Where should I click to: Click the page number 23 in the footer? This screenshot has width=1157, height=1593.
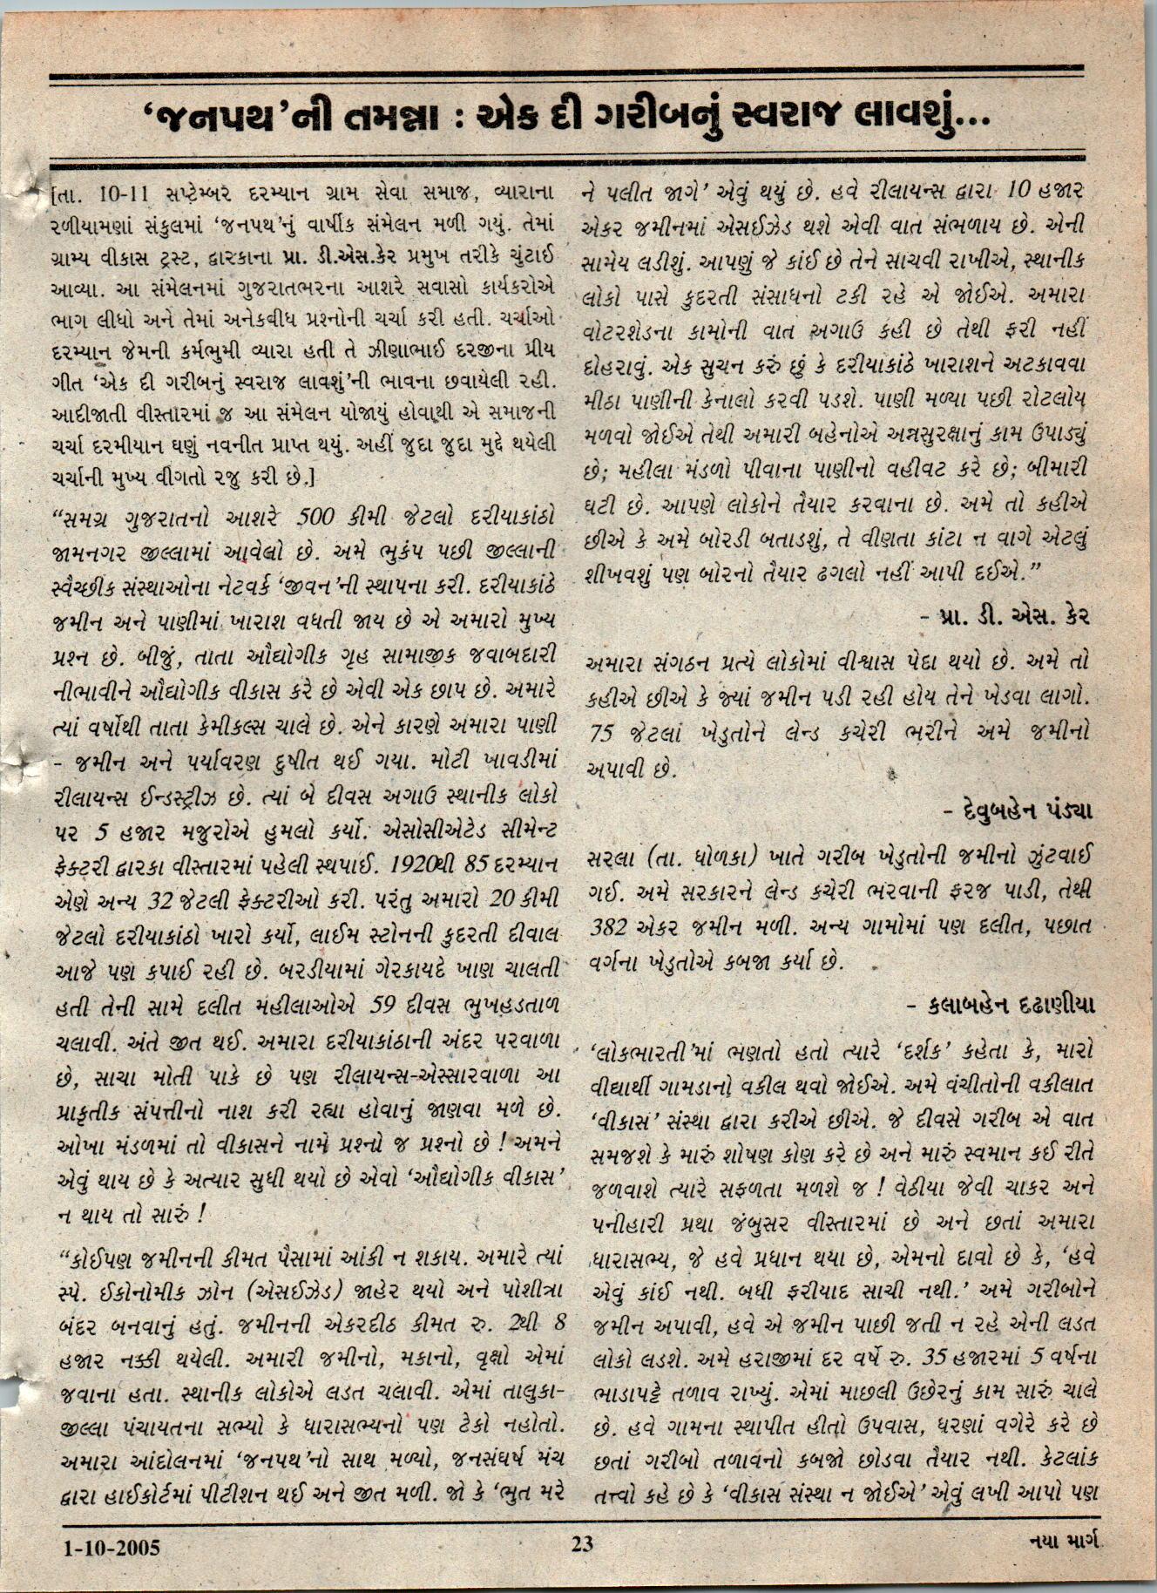pos(582,1545)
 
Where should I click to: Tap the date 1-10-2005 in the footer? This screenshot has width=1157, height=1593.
pos(112,1547)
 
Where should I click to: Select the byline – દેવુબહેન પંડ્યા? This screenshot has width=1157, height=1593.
pos(1019,810)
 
